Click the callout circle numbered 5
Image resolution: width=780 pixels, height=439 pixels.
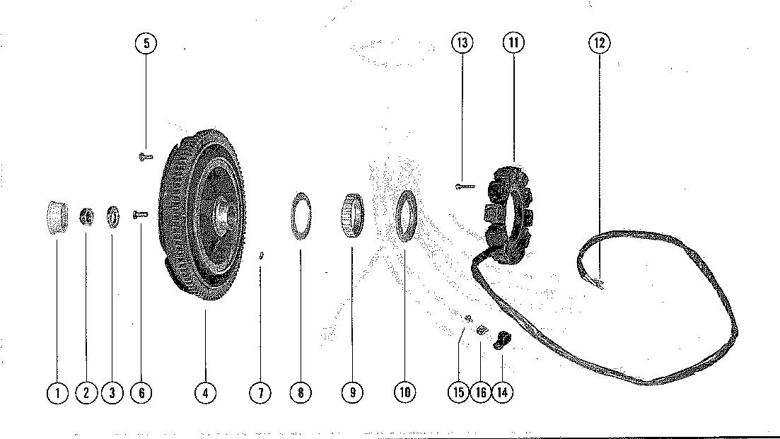[x=146, y=43]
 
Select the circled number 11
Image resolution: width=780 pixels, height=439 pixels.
[x=513, y=43]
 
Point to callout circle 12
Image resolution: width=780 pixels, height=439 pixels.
[x=599, y=43]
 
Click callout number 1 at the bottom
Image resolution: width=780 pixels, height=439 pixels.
[x=57, y=392]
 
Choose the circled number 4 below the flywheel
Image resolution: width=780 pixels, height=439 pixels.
[x=205, y=392]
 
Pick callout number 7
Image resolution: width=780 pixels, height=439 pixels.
[x=260, y=392]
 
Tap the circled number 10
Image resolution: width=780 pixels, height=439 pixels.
[x=404, y=392]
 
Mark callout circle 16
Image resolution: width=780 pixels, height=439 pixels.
[x=480, y=392]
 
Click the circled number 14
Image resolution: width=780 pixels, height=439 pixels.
[x=502, y=392]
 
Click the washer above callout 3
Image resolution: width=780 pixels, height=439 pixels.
[x=112, y=215]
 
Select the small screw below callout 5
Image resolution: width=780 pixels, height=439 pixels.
[x=145, y=156]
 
